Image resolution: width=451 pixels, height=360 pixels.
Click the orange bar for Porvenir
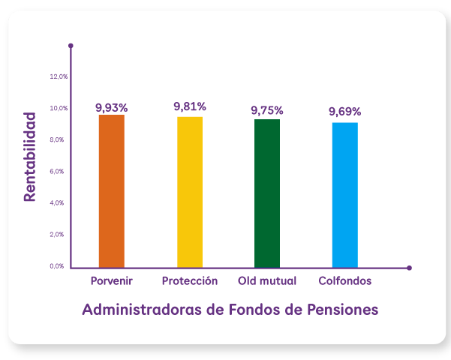point(112,190)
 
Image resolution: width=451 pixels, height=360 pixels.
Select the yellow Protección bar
point(190,191)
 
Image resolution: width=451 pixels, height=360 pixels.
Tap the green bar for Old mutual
point(267,193)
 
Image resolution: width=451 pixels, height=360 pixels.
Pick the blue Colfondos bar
point(345,194)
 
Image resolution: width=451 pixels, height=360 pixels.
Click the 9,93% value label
point(112,107)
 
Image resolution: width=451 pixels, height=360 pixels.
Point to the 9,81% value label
point(190,106)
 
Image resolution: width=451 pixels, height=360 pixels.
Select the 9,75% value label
point(267,110)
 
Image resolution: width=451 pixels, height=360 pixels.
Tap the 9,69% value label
point(345,112)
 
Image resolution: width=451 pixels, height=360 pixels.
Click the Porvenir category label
point(112,281)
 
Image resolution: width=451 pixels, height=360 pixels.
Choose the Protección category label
point(190,281)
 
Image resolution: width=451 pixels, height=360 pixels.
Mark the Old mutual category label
point(267,281)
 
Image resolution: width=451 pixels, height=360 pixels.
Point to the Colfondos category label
point(345,281)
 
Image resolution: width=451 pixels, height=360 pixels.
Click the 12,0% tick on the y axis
point(59,76)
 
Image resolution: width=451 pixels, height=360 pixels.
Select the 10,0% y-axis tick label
point(59,108)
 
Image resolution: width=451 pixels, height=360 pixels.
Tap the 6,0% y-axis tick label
point(59,171)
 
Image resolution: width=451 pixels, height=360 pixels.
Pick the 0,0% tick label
point(59,265)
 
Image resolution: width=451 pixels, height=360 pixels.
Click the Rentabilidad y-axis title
point(30,157)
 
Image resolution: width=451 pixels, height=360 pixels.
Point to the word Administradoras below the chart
point(141,309)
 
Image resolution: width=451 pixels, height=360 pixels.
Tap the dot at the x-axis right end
point(410,268)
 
